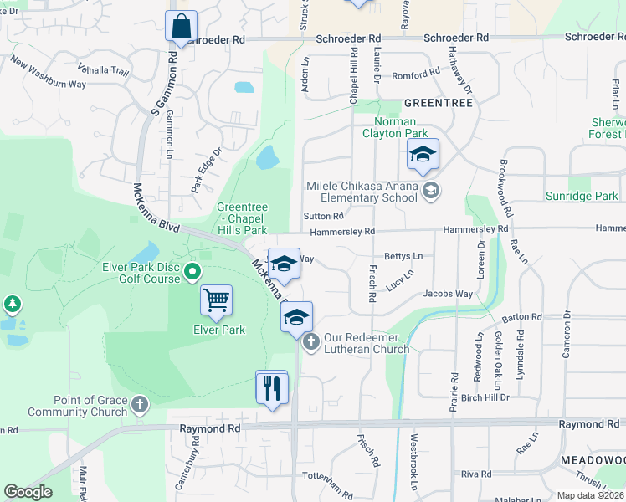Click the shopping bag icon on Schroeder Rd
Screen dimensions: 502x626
click(x=181, y=27)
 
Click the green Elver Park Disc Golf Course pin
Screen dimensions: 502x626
click(x=192, y=270)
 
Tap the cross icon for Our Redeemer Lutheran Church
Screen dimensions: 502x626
click(x=310, y=341)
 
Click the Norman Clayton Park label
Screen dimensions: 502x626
click(x=395, y=127)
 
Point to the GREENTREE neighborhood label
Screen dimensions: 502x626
click(x=438, y=103)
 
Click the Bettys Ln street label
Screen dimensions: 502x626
click(x=403, y=256)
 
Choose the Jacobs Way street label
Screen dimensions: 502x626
click(x=447, y=294)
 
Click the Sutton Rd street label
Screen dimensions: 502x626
click(x=324, y=216)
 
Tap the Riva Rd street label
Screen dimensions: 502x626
click(x=475, y=474)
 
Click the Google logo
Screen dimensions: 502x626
click(x=28, y=492)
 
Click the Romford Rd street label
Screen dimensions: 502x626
click(x=416, y=74)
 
